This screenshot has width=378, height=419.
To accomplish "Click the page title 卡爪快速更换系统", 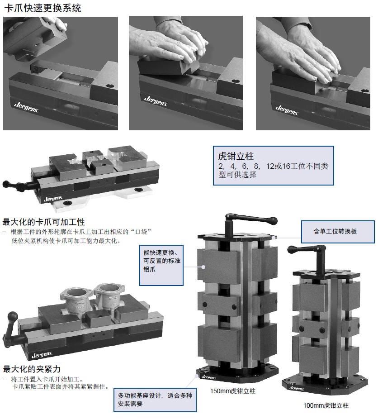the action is pyautogui.click(x=43, y=8).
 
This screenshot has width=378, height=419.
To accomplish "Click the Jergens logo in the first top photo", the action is pyautogui.click(x=26, y=107).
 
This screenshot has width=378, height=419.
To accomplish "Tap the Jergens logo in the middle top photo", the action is pyautogui.click(x=156, y=101).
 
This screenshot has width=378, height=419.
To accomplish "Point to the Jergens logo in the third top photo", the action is pyautogui.click(x=287, y=110).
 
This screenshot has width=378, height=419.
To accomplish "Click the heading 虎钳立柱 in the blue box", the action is pyautogui.click(x=236, y=156).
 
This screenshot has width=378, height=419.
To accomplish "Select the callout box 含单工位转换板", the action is pyautogui.click(x=338, y=232).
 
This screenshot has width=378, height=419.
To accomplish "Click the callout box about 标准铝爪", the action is pyautogui.click(x=161, y=265).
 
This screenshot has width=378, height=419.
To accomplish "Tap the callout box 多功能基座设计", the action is pyautogui.click(x=155, y=400).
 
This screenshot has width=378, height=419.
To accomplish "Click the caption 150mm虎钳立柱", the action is pyautogui.click(x=233, y=391).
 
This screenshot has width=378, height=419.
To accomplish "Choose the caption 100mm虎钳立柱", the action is pyautogui.click(x=326, y=405).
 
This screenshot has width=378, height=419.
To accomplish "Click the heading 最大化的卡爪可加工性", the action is pyautogui.click(x=43, y=222).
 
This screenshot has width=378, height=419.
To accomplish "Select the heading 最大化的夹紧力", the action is pyautogui.click(x=32, y=369).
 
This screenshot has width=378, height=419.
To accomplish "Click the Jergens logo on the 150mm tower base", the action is pyautogui.click(x=209, y=377).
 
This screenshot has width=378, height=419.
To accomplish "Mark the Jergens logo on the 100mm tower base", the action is pyautogui.click(x=296, y=388).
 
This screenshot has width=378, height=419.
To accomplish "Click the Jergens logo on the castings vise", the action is pyautogui.click(x=42, y=355).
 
